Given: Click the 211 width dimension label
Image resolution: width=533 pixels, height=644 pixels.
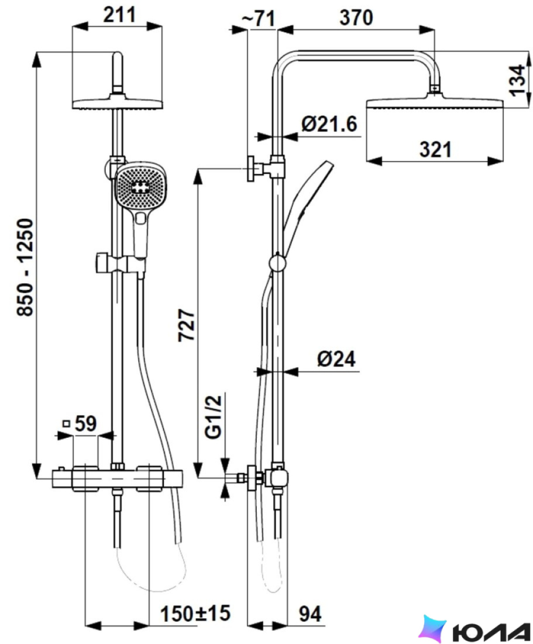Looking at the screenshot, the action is (119, 15).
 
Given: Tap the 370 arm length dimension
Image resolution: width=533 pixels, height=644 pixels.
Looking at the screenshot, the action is (356, 18).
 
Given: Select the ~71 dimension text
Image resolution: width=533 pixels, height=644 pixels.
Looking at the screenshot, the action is (257, 18).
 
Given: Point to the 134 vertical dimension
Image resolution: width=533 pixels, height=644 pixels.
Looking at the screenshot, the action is (518, 80).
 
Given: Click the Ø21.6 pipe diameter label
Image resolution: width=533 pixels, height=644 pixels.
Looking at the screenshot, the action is (329, 124).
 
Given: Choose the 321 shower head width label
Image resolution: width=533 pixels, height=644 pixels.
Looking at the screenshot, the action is (435, 149).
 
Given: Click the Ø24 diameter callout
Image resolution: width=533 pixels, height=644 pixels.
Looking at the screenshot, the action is (336, 359).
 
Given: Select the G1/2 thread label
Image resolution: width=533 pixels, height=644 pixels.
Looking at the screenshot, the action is (214, 417).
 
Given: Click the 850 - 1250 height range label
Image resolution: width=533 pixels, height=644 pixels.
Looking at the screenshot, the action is (25, 268).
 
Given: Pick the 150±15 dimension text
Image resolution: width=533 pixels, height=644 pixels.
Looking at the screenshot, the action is (195, 614).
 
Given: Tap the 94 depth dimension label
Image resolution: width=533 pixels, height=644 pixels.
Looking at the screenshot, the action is (310, 614).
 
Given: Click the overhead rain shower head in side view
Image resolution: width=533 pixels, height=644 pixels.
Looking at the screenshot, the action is (434, 102).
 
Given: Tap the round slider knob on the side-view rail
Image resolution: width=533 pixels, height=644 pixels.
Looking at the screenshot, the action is (277, 263).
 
